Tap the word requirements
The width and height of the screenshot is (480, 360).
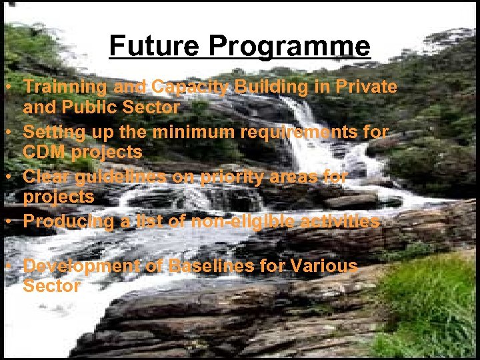point(300,132)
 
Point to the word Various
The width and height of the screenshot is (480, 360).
point(324,266)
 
